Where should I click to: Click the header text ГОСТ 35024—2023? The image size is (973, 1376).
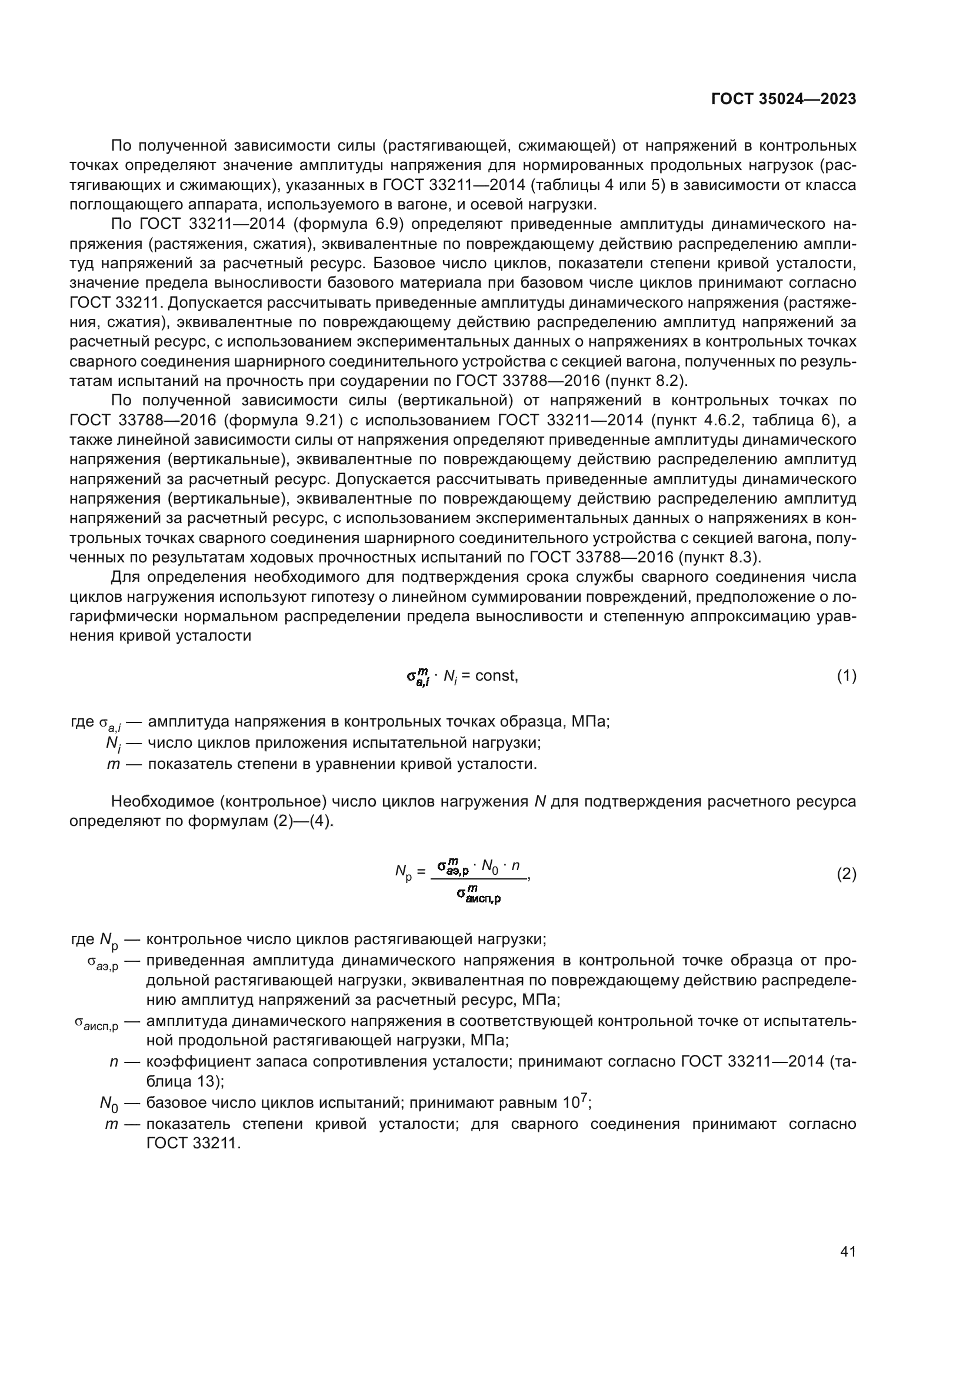(783, 99)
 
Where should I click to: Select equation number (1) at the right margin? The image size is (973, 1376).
(846, 676)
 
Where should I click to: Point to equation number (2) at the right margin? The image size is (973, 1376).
(846, 874)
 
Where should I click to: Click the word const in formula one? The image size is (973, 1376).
(496, 676)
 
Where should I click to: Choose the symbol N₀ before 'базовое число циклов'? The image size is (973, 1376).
(109, 1102)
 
